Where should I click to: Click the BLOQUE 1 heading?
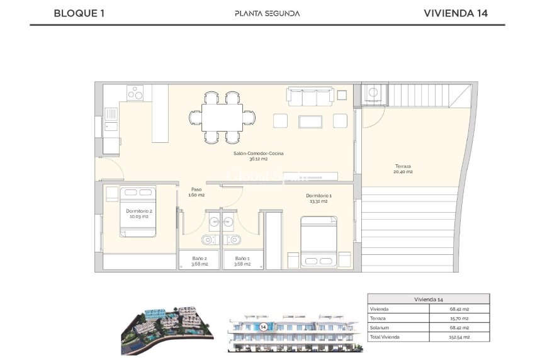[x=79, y=13]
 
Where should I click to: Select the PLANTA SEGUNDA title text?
[x=267, y=13]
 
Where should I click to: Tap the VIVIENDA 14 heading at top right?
[x=456, y=13]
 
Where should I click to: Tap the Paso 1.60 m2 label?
[x=196, y=192]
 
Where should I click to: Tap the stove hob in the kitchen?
[x=136, y=93]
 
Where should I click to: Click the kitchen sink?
[x=111, y=115]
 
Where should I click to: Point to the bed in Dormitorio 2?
[x=138, y=211]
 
